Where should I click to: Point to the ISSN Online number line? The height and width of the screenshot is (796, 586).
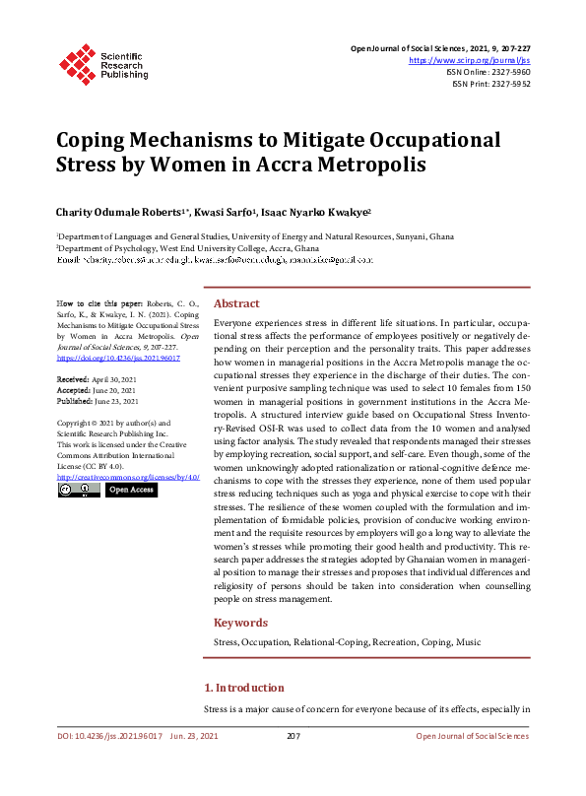[x=489, y=72]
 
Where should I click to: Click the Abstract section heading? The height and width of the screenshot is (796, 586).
[x=236, y=304]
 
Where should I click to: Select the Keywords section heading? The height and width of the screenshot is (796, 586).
[x=240, y=623]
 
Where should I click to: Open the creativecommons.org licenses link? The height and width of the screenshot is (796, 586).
[x=121, y=477]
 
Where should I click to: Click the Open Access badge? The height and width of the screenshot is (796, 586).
[x=131, y=490]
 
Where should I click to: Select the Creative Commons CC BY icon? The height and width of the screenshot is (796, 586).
[x=79, y=490]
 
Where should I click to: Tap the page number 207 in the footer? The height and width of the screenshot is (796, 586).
[x=293, y=736]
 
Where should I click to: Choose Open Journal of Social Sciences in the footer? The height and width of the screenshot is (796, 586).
[x=472, y=736]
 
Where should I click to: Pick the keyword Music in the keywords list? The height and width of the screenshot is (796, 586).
[x=470, y=642]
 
